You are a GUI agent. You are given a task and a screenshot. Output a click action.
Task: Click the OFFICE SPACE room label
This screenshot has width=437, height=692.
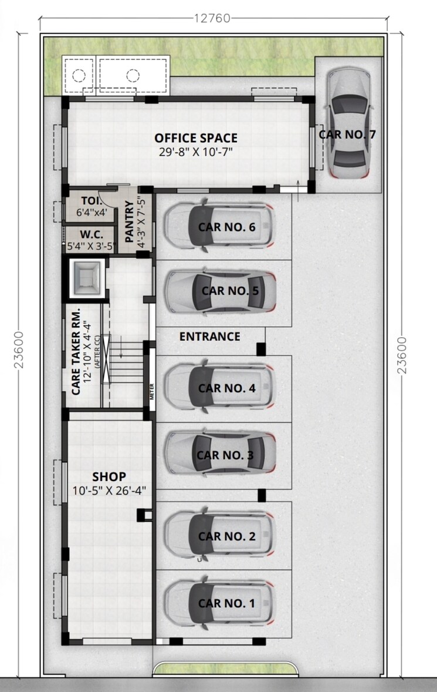point(196,138)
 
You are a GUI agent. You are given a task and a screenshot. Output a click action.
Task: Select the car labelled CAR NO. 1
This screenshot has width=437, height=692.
point(218,603)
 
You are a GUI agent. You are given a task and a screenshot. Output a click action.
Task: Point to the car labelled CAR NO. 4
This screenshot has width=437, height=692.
point(218,388)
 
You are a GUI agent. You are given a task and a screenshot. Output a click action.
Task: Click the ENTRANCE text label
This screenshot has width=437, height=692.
point(209,337)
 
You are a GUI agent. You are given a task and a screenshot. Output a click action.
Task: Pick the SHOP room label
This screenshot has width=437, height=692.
point(109,476)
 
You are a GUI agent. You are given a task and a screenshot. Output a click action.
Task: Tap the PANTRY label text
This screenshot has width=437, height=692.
point(130,221)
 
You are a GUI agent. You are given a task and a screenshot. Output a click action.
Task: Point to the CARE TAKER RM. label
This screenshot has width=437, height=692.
point(76,351)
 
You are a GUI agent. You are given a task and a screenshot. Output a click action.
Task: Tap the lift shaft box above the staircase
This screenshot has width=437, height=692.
point(86,278)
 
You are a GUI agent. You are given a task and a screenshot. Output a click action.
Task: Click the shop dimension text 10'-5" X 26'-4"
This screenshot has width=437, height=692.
point(109,490)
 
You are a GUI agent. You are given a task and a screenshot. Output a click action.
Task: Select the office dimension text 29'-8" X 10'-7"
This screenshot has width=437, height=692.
point(196,152)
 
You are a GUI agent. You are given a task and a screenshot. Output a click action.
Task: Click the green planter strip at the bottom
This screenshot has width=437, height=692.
point(223,668)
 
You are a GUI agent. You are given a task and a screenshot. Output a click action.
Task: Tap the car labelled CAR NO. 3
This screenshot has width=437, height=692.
point(218,455)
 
